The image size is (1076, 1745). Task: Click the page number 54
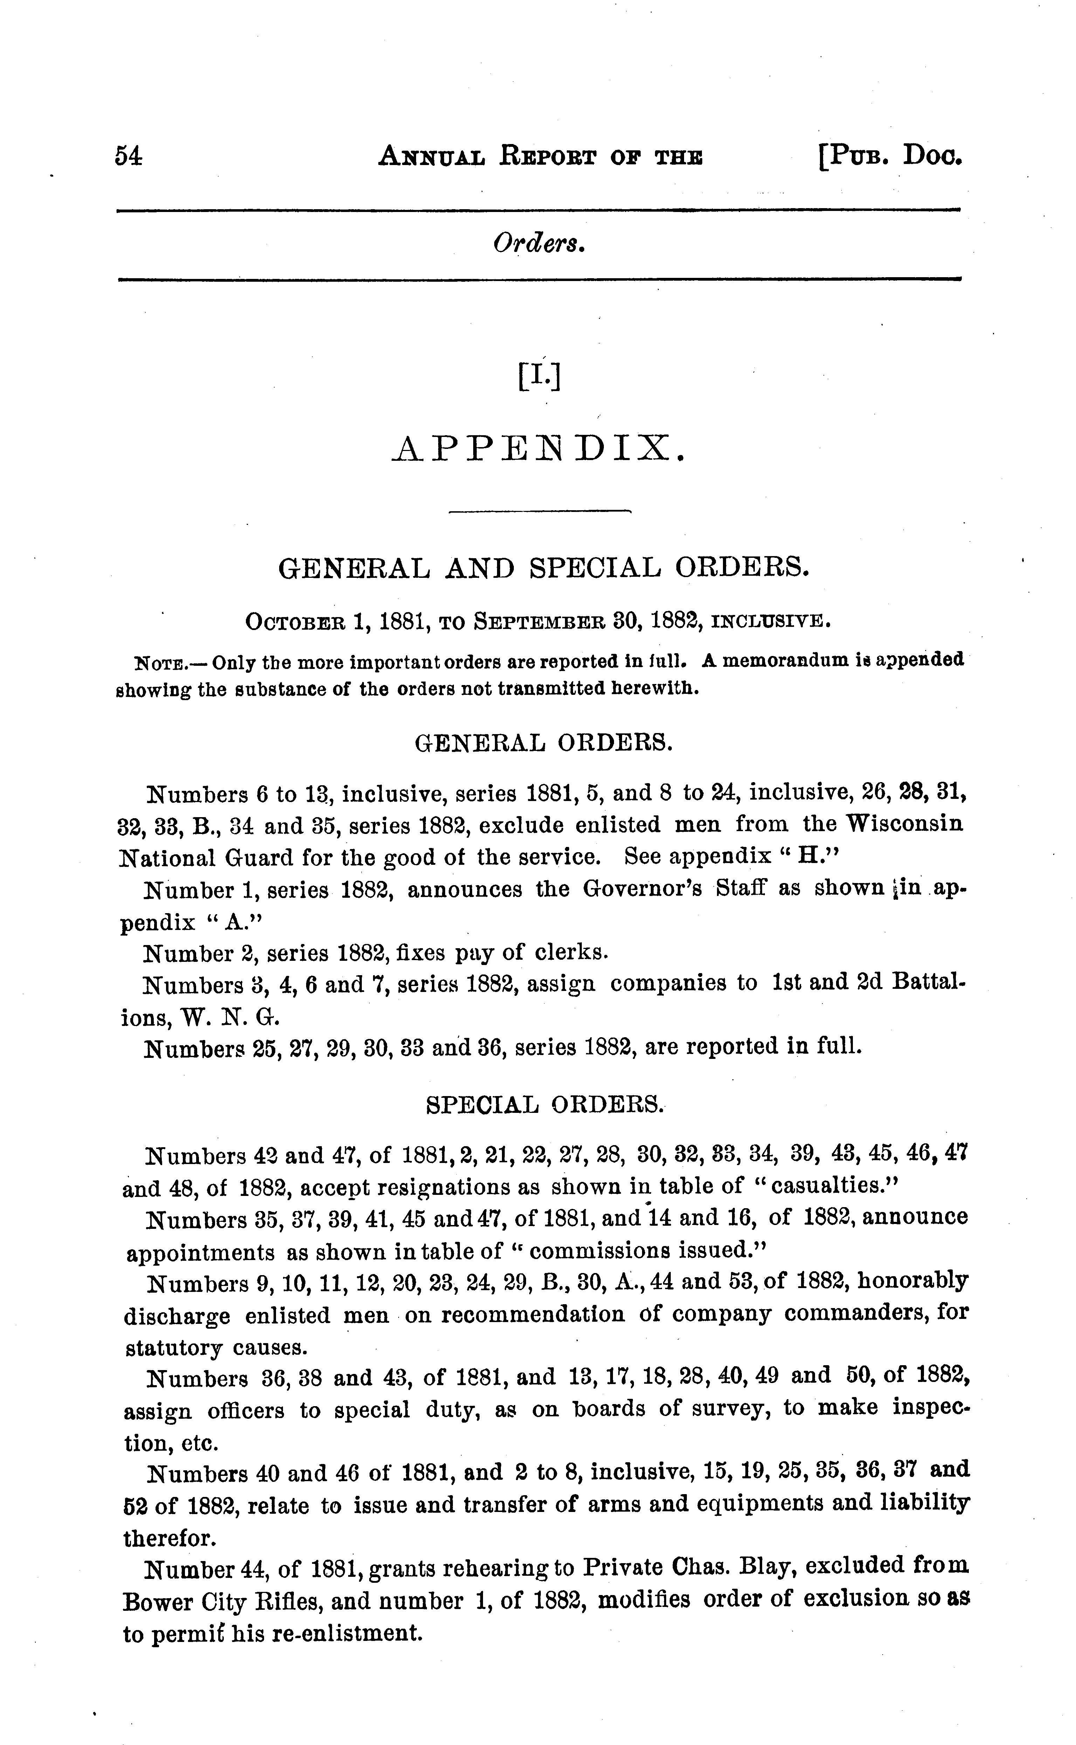[129, 156]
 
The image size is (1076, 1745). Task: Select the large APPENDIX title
[539, 449]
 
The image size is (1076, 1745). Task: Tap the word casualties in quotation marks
[829, 1185]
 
